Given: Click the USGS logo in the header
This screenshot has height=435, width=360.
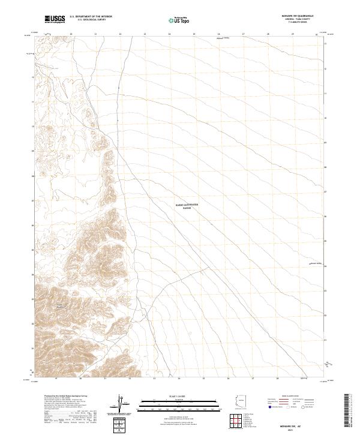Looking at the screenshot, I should pos(55,19).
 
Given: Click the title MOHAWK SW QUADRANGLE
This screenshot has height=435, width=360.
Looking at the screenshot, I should pos(301,16).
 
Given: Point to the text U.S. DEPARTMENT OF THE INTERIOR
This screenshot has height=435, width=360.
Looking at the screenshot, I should pos(91,17).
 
